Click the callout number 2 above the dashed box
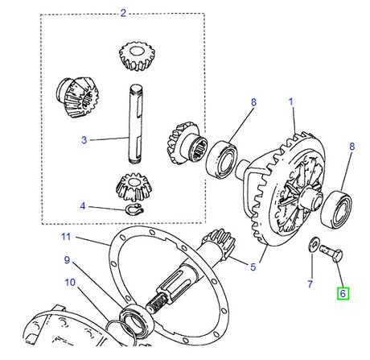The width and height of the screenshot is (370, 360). (123, 13)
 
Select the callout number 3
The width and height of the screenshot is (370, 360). (84, 139)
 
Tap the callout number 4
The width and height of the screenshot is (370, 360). (84, 206)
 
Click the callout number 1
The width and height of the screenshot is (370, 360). (292, 103)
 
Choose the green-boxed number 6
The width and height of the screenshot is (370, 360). (343, 294)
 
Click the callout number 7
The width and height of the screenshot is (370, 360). (309, 284)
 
